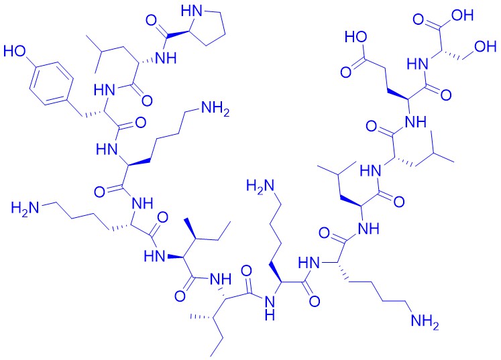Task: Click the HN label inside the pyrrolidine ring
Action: pyautogui.click(x=192, y=11)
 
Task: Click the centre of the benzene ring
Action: pyautogui.click(x=51, y=84)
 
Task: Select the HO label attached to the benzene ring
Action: pyautogui.click(x=14, y=51)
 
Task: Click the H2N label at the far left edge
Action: pyautogui.click(x=25, y=208)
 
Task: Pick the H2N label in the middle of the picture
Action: pyautogui.click(x=260, y=186)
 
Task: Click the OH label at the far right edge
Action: pyautogui.click(x=486, y=47)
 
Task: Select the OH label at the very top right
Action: pyautogui.click(x=462, y=15)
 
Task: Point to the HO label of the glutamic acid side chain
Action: pyautogui.click(x=356, y=38)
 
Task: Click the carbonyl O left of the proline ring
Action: pyautogui.click(x=152, y=21)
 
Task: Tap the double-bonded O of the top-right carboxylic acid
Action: pyautogui.click(x=419, y=19)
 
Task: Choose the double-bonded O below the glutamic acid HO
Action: pyautogui.click(x=346, y=72)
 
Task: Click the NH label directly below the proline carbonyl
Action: pyautogui.click(x=166, y=58)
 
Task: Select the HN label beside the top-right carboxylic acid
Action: pyautogui.click(x=418, y=65)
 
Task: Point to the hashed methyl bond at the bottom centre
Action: pyautogui.click(x=201, y=317)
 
